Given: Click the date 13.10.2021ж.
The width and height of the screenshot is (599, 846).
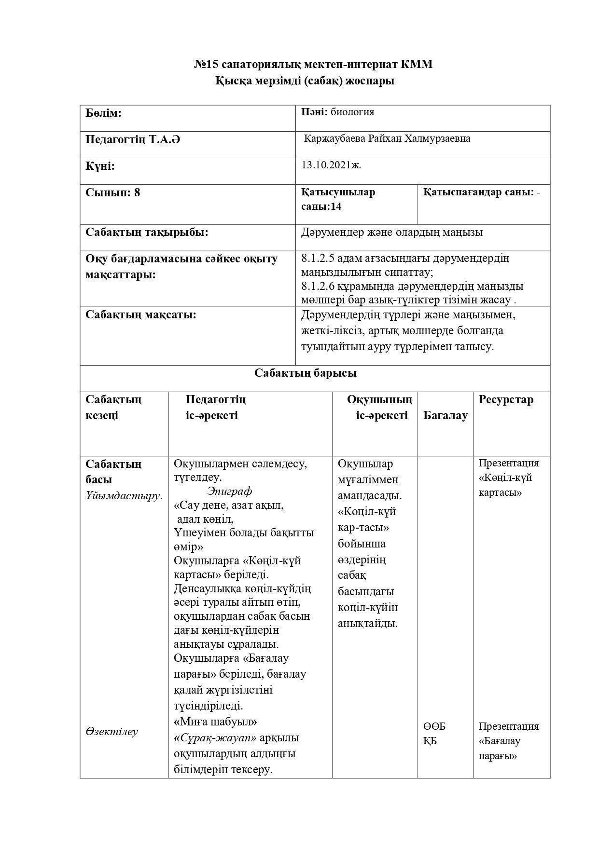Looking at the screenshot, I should [331, 165].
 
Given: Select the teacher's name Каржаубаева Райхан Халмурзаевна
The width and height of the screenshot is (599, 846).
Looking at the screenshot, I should [387, 139].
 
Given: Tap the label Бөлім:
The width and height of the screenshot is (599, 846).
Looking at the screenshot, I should [103, 113].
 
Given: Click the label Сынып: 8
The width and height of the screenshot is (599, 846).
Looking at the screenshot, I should [112, 192].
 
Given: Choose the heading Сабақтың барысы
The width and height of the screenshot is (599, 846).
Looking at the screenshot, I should [306, 373].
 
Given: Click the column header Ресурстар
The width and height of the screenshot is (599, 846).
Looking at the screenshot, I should [506, 399].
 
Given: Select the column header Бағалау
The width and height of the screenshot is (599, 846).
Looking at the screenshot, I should [445, 415].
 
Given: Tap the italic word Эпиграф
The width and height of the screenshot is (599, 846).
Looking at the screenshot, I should [229, 491].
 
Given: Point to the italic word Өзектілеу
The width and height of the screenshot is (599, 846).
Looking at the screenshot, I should [111, 732].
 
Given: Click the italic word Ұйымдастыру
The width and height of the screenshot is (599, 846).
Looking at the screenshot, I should [124, 495].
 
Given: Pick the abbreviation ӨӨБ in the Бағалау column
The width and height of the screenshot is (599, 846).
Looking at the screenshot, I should [434, 726].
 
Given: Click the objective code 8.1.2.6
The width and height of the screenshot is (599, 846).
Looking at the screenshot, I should [318, 286].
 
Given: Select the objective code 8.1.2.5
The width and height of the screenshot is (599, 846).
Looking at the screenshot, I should [318, 259].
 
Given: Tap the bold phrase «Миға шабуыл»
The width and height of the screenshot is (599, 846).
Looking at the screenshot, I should [215, 722].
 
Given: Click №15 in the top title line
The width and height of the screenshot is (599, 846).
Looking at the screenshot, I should [206, 64].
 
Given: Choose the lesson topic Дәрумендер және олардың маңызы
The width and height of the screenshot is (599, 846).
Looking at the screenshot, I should [391, 232].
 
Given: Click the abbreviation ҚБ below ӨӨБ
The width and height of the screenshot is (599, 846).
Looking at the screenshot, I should [430, 741].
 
